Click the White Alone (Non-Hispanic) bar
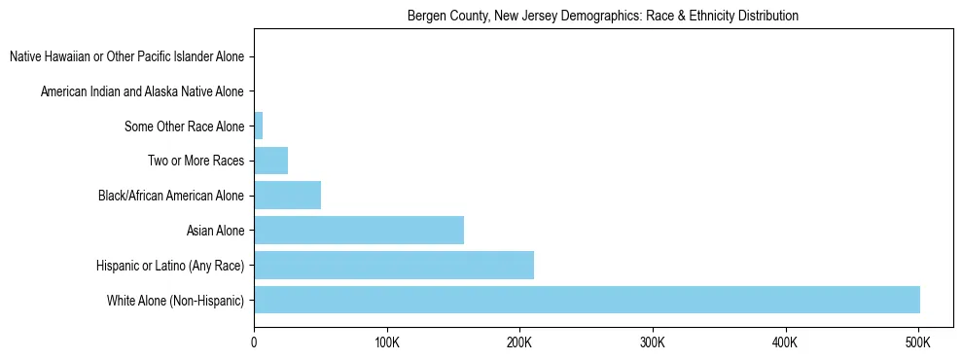coord(587,300)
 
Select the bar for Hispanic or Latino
coord(394,265)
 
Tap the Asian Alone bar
coord(359,230)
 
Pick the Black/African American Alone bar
coord(287,195)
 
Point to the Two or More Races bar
coord(270,161)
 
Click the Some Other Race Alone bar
coord(259,126)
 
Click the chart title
coord(603,16)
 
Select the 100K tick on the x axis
coord(387,342)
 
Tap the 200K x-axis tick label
coord(519,342)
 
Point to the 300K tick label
coord(653,342)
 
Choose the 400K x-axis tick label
coord(785,342)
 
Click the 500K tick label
coord(918,342)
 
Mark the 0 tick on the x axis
coord(254,342)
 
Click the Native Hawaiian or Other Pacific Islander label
coord(126,56)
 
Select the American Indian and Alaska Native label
coord(142,91)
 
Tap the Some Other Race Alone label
coord(184,126)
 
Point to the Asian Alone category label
coord(215,231)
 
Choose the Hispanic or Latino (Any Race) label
coord(170,266)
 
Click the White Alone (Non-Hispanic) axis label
coord(176,301)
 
